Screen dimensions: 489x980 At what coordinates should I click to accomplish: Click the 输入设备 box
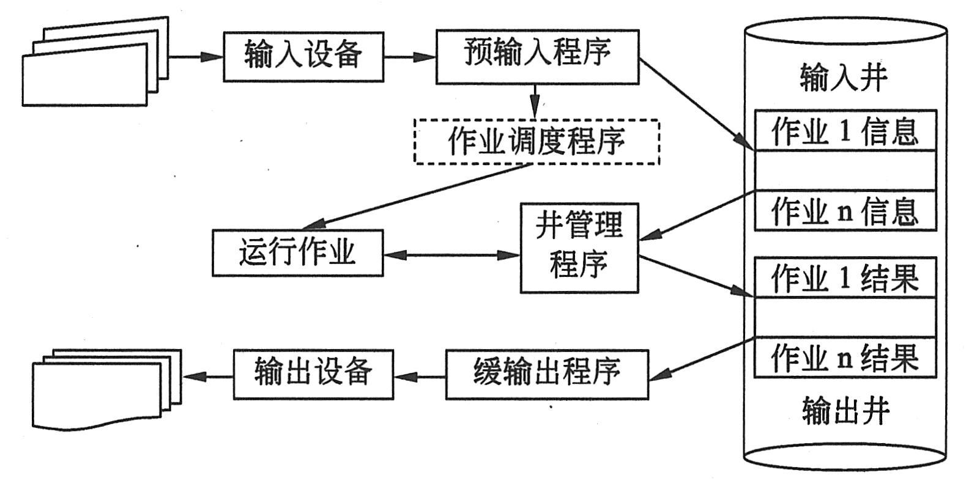303,56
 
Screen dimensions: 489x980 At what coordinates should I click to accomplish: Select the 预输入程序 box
537,56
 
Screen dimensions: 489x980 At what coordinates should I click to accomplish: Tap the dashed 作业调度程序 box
536,142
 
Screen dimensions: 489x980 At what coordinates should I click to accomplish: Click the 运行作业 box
297,252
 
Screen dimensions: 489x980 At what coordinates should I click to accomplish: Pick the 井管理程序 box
579,248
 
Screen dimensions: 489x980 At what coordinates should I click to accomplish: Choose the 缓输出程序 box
546,374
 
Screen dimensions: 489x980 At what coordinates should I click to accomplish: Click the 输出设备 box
313,374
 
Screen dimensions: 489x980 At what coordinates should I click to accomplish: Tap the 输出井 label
845,411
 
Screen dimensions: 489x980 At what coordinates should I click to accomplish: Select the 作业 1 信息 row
845,131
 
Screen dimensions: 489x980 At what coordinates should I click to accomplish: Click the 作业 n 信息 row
845,211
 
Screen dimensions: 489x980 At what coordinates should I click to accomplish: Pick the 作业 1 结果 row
845,278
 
